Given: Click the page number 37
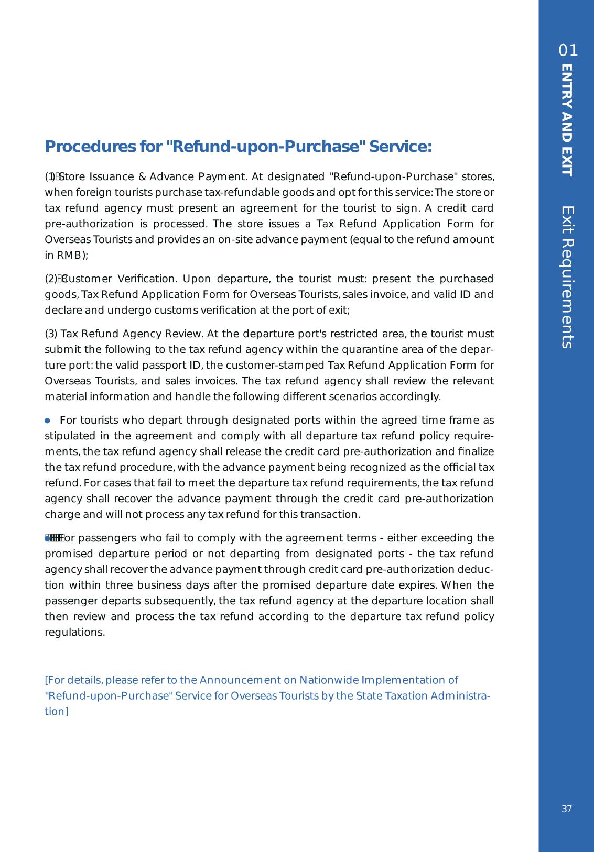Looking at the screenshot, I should coord(566,809).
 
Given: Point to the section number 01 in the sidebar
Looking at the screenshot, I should coord(568,51).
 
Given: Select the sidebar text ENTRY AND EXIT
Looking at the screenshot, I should coord(567,120).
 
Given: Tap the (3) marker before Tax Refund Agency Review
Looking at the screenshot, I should coord(52,334).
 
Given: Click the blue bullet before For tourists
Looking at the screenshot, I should coord(48,421).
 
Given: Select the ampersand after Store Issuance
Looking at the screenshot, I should coord(142,176).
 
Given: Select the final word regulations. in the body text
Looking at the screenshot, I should coord(75,632).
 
